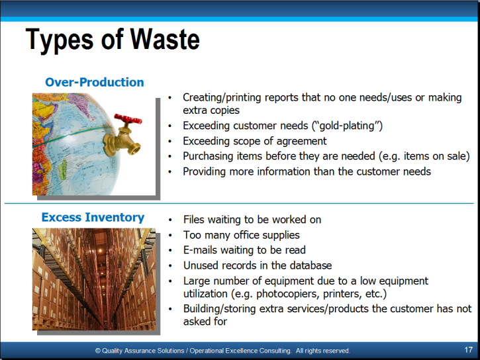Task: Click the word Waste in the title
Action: coord(165,39)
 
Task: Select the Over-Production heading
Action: coord(94,82)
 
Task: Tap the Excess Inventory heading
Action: coord(93,218)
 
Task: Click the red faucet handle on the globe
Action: coord(128,118)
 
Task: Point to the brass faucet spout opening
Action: coord(134,149)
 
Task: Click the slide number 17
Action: coord(468,349)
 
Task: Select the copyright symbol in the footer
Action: coord(97,351)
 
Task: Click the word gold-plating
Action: coord(347,126)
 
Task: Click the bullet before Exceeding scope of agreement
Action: coord(170,142)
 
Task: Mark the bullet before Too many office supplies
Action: coord(171,235)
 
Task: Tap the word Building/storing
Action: coord(220,308)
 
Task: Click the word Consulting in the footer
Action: coord(275,351)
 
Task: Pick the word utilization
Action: coord(205,294)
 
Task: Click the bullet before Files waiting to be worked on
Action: coord(171,220)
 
